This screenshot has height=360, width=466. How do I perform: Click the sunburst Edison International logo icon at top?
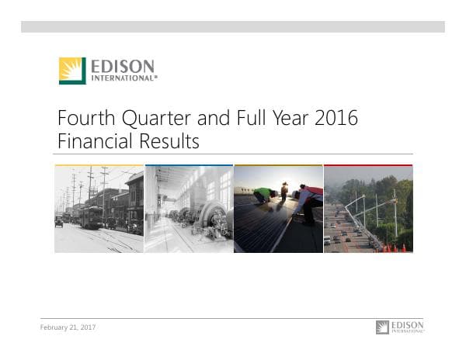pos(72,71)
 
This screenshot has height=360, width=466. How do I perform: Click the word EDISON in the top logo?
pos(123,66)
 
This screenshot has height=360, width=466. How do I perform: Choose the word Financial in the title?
pos(90,142)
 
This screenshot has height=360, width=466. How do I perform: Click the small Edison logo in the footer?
pos(400,327)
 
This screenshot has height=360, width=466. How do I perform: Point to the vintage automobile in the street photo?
pos(59,221)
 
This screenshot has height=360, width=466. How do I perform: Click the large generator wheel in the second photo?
pos(210,215)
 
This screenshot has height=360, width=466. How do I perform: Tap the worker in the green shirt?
pos(265,195)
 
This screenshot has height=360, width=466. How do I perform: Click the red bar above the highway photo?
pos(368,165)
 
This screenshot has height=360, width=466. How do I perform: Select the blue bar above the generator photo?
pos(189,165)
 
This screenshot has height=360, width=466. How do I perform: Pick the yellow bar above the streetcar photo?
pos(99,165)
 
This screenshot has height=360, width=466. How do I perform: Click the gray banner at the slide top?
pos(233,27)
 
